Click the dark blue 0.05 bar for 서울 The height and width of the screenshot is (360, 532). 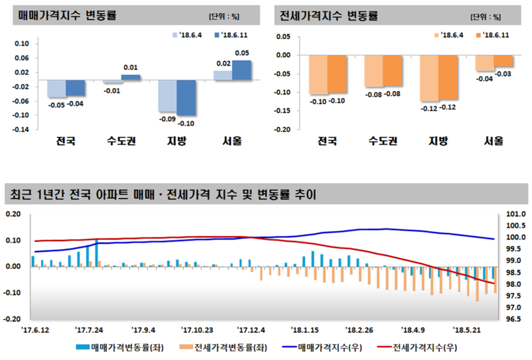242,70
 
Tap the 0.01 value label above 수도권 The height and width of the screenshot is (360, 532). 130,68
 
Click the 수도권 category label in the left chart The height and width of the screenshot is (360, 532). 121,142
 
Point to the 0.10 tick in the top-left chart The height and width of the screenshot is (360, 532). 22,44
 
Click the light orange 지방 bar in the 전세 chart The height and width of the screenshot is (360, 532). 429,78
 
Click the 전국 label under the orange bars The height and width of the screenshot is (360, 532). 327,142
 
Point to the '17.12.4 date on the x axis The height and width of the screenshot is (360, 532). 251,329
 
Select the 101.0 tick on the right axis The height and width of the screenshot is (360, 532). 515,214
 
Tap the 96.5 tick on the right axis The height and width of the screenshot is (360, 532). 515,319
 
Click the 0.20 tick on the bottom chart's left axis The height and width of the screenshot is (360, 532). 13,214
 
